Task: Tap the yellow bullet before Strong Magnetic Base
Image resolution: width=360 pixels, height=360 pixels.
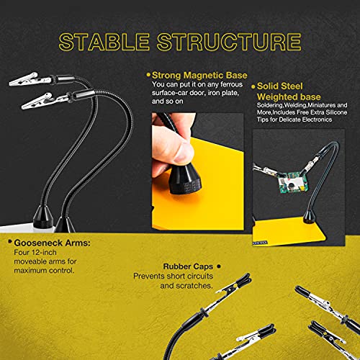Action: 148,74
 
